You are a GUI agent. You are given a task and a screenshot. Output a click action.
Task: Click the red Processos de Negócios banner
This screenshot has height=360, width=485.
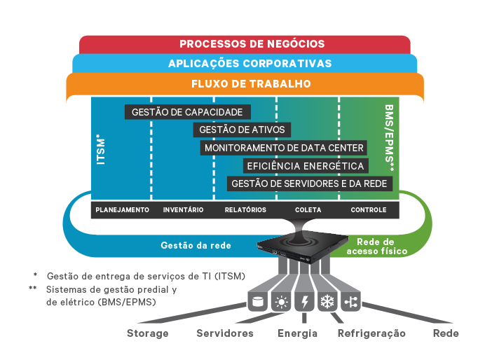(242, 44)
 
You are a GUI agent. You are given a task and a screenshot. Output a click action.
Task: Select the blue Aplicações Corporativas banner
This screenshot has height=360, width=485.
(242, 64)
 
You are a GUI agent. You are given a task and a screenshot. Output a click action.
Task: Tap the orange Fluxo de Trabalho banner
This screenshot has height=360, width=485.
(242, 84)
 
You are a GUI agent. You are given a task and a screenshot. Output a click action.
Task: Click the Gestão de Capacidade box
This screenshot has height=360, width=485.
(187, 112)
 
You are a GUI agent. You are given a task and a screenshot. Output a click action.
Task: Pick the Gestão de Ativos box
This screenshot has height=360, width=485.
(242, 130)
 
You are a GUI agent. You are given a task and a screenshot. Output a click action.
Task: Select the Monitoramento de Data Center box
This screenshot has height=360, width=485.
(283, 148)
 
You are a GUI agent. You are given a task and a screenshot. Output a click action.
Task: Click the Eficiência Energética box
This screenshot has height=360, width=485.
(305, 166)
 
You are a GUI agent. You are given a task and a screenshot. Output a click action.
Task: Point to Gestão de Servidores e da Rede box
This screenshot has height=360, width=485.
(309, 184)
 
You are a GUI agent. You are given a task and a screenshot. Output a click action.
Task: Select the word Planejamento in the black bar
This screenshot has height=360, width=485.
(122, 210)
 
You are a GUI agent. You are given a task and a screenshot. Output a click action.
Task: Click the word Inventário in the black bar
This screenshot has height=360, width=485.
(183, 210)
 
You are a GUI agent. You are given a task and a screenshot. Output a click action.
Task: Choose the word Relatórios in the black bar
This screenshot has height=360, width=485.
(245, 210)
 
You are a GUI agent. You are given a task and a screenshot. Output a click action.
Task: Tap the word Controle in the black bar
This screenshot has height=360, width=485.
(369, 210)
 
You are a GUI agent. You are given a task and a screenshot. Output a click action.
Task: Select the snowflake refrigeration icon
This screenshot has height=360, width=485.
(327, 302)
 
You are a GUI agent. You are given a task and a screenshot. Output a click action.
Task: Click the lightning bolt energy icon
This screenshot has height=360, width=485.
(304, 302)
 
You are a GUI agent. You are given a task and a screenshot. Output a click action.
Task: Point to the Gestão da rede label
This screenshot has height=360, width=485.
(196, 245)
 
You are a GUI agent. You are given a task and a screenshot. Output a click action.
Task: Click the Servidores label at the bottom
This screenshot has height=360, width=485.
(224, 333)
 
